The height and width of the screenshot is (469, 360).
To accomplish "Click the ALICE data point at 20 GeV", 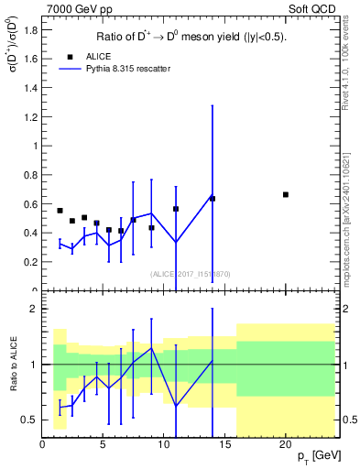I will (x=286, y=194).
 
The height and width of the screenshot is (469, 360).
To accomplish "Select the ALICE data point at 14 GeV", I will (x=213, y=198).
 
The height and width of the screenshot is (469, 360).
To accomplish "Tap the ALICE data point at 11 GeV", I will (x=176, y=209).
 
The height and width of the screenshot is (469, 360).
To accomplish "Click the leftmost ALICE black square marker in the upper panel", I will (x=60, y=211).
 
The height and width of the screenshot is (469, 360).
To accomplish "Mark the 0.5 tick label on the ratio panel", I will (x=30, y=420).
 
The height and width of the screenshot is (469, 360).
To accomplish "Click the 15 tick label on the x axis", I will (x=224, y=444).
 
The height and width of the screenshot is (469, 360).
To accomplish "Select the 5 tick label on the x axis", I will (x=103, y=444).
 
